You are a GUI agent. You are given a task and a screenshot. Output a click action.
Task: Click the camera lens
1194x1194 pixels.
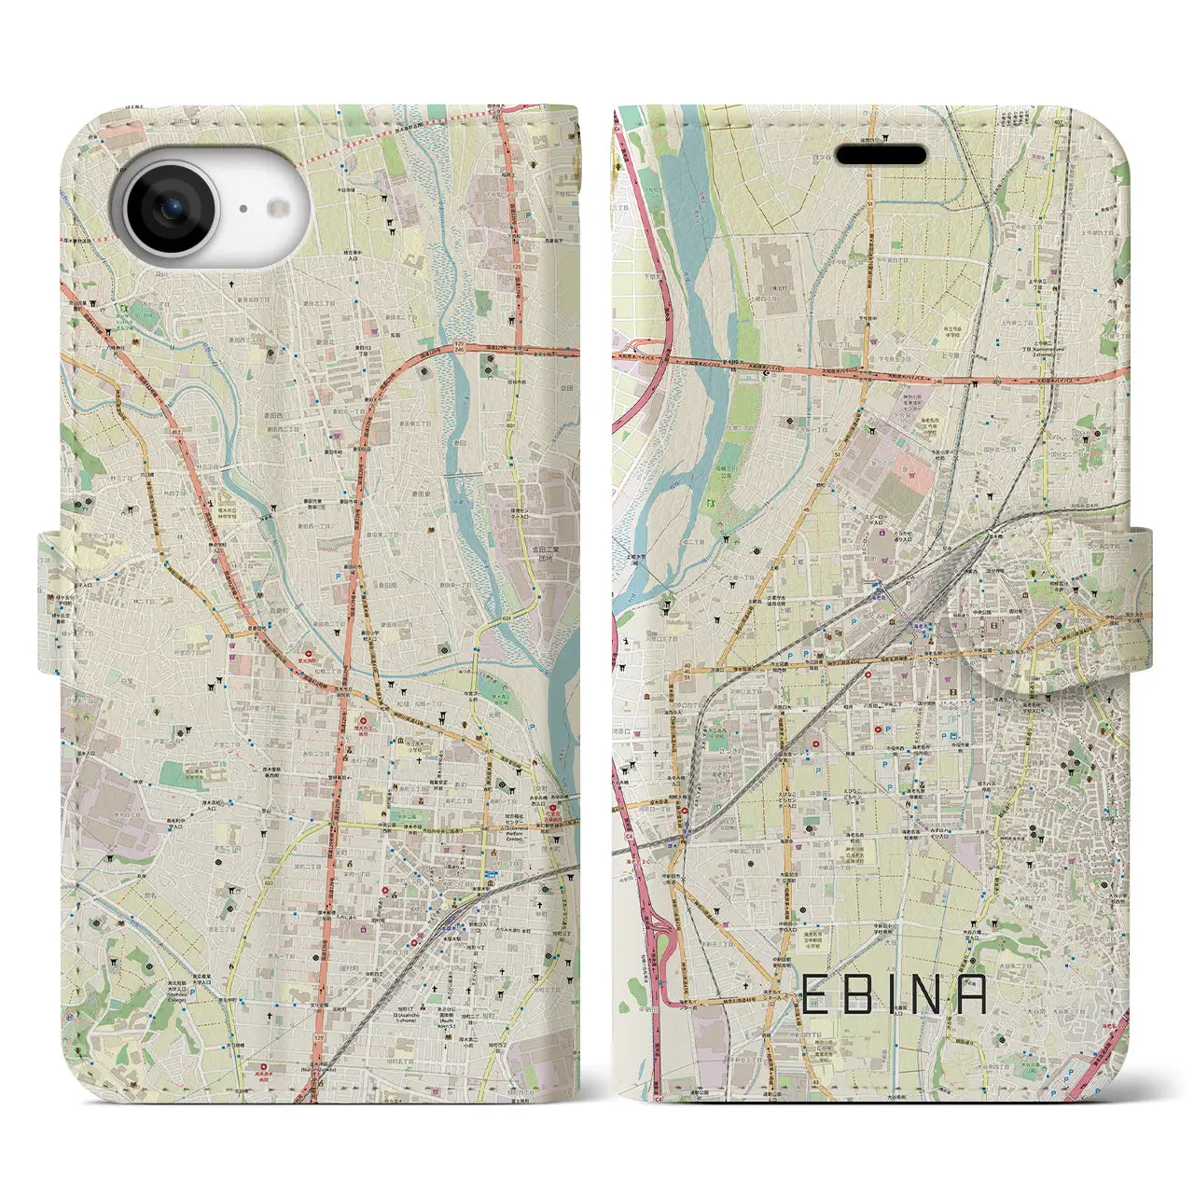coord(174,209)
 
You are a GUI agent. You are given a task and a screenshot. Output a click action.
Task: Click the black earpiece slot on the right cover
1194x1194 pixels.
coord(880,155)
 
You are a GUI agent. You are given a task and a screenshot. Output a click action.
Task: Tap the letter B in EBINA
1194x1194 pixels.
coord(861,994)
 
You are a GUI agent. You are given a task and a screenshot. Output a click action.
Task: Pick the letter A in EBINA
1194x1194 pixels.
coord(972,994)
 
